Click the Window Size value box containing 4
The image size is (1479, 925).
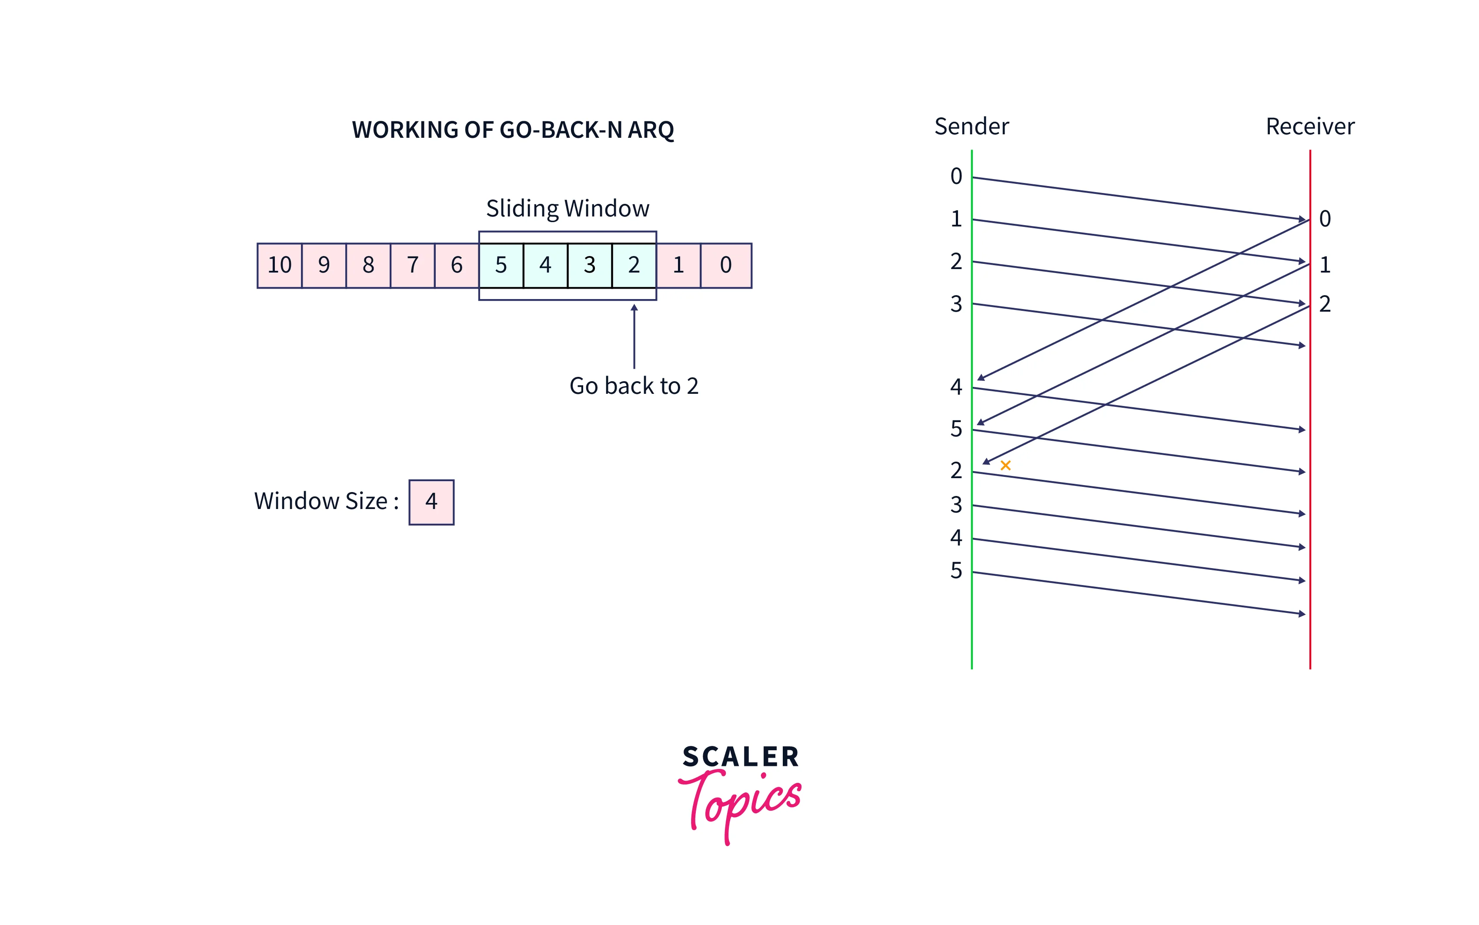(431, 502)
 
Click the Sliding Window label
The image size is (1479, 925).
(567, 209)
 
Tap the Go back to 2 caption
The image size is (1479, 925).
(634, 386)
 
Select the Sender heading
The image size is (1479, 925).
(971, 126)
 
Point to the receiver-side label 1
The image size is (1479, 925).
(1325, 265)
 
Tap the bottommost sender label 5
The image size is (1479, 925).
(956, 571)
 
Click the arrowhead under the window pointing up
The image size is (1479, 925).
(634, 308)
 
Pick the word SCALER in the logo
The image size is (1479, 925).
(741, 757)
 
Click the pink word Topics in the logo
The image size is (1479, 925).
(741, 802)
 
